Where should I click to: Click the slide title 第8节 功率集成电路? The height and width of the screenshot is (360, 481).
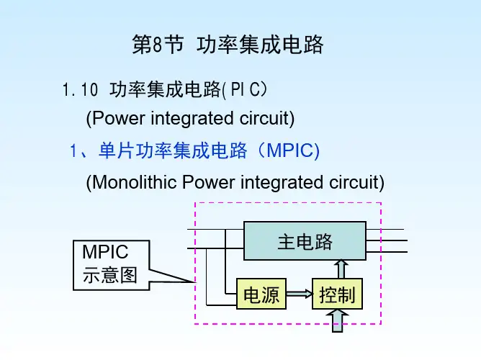[228, 45]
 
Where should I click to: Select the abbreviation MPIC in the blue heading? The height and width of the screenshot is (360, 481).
[290, 150]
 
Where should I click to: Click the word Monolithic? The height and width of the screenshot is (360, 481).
[135, 183]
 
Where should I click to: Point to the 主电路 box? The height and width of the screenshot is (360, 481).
[305, 241]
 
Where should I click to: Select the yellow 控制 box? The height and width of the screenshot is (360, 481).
[338, 295]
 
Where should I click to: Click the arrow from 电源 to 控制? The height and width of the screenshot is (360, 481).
[298, 294]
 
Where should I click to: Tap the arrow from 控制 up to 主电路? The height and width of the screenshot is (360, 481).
[342, 269]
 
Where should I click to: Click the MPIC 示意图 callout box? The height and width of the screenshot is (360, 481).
[109, 263]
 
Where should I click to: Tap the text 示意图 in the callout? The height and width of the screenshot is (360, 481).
[109, 275]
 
